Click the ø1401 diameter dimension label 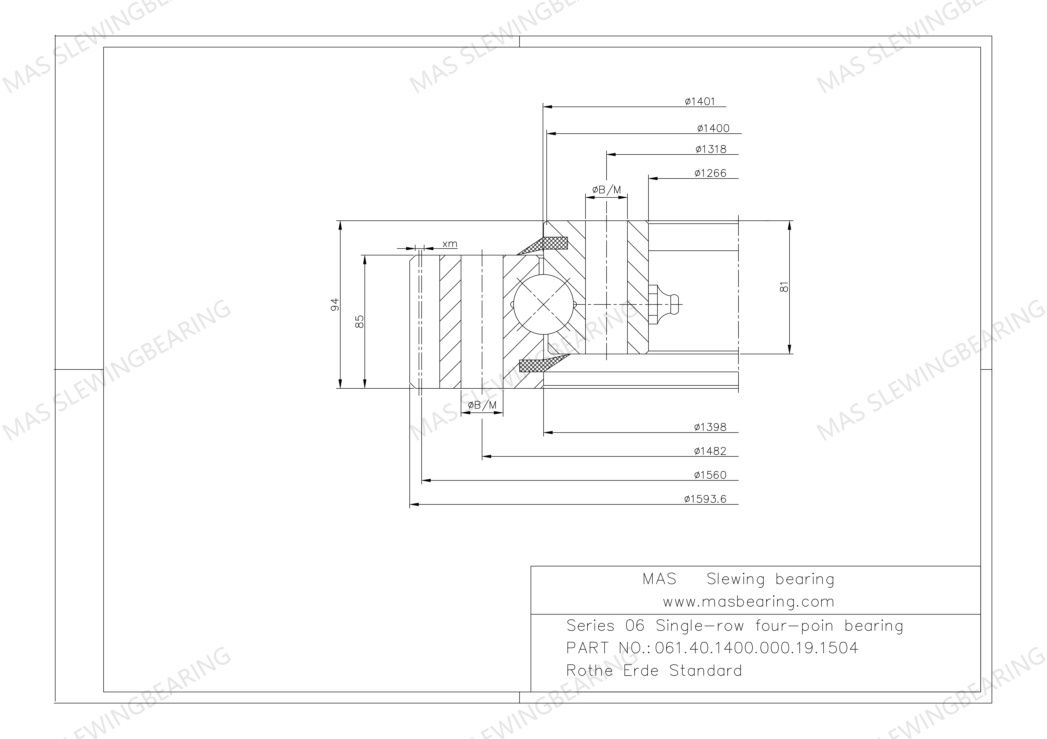pos(700,102)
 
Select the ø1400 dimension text pos(713,129)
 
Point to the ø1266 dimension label pos(711,173)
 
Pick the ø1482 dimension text pos(710,451)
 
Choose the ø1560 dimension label pos(710,475)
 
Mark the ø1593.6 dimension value pos(705,499)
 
